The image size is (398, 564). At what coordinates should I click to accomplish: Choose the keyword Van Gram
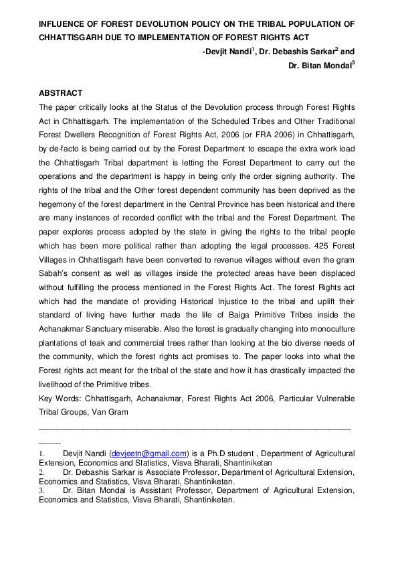tap(112, 413)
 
